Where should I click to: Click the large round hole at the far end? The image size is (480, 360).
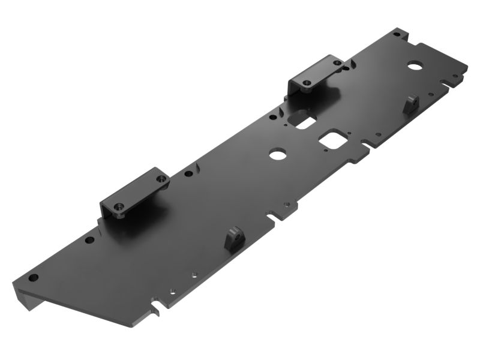click(415, 64)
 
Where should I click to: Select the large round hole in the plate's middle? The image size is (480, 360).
click(278, 154)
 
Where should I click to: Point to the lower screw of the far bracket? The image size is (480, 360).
click(307, 82)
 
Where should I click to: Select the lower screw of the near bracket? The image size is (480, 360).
click(119, 207)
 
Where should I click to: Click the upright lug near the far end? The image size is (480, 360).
click(411, 103)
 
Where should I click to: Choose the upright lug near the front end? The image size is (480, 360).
click(233, 239)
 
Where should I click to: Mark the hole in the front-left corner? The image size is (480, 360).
click(34, 277)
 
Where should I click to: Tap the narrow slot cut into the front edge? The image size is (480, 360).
click(158, 307)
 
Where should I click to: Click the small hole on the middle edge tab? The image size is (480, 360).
click(287, 205)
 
